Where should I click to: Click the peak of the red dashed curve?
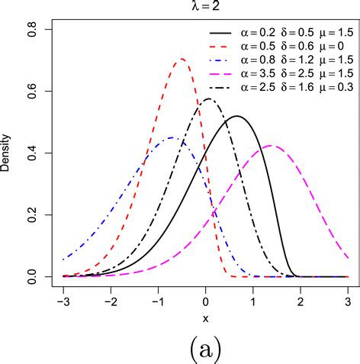coord(182,59)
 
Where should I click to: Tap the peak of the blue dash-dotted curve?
coord(171,137)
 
